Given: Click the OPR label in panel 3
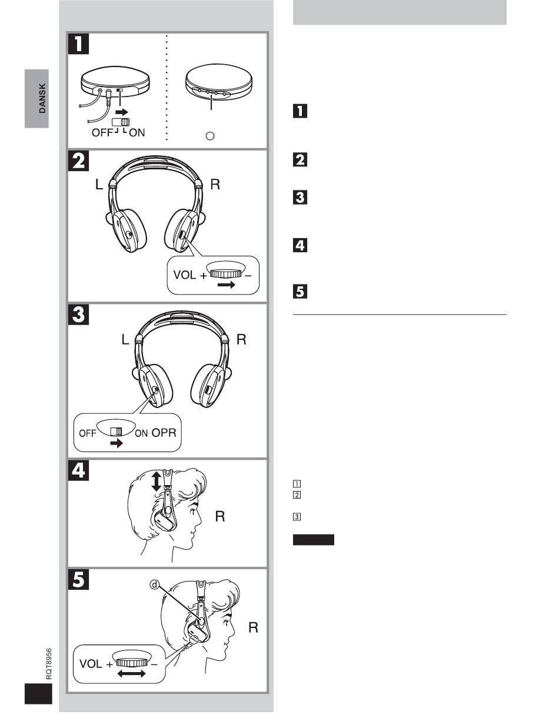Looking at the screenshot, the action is (164, 432).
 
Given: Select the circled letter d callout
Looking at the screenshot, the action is (155, 585).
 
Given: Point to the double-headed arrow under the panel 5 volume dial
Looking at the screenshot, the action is (131, 674).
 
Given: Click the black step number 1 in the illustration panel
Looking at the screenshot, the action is (78, 44).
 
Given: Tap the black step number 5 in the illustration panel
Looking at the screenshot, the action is (78, 580).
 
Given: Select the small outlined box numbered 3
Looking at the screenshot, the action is (297, 517).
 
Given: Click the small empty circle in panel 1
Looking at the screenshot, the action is (210, 136).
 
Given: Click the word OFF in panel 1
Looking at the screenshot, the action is (102, 133).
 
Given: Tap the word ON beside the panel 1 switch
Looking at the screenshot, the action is (137, 133).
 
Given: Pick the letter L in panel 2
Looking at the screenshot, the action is (99, 184).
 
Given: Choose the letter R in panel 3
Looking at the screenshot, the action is (241, 339).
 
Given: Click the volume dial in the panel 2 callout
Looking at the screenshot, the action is (225, 274).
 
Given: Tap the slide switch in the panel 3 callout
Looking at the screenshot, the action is (116, 432).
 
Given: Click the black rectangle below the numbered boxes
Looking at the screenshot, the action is (314, 540).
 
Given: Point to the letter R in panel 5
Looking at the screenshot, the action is (253, 627).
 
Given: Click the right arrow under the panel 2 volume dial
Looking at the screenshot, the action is (227, 285).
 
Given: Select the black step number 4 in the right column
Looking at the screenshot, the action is (300, 245).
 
